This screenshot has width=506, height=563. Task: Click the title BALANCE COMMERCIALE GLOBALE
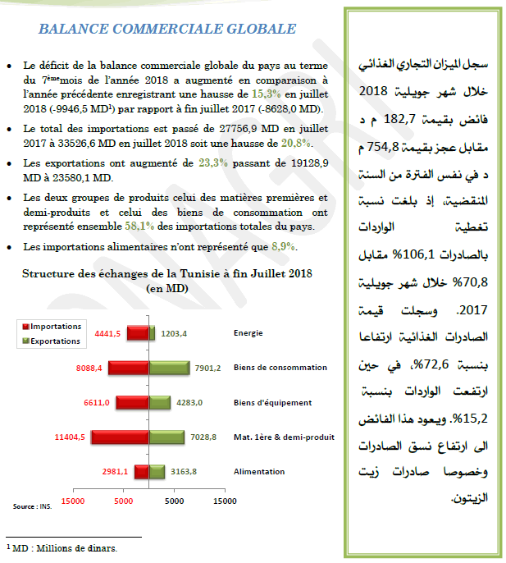pyautogui.click(x=167, y=30)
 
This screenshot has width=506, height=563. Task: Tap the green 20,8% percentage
pyautogui.click(x=295, y=144)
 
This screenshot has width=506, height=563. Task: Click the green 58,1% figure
pyautogui.click(x=138, y=226)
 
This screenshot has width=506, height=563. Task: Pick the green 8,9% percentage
pyautogui.click(x=283, y=246)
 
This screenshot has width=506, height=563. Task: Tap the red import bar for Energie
pyautogui.click(x=137, y=333)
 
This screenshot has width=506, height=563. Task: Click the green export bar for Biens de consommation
pyautogui.click(x=170, y=368)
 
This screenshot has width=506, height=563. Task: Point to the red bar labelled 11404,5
pyautogui.click(x=119, y=437)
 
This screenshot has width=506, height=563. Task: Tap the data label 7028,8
pyautogui.click(x=202, y=437)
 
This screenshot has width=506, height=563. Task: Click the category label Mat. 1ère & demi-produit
pyautogui.click(x=284, y=437)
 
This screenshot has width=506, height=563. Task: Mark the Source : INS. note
pyautogui.click(x=32, y=506)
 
